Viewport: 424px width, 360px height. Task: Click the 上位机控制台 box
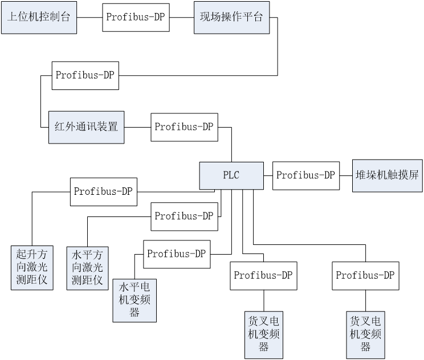(x=39, y=17)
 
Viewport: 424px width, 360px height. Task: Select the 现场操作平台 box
(x=231, y=17)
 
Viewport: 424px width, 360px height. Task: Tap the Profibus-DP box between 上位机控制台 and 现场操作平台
(x=136, y=17)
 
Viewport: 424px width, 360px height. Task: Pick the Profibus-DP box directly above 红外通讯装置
(x=85, y=75)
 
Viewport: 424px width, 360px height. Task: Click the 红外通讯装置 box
(x=86, y=126)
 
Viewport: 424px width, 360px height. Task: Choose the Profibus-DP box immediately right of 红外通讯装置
(x=184, y=126)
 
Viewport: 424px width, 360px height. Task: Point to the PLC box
(x=231, y=175)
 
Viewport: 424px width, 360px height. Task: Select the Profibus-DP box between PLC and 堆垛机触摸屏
(x=306, y=175)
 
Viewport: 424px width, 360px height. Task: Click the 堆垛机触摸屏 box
(x=388, y=175)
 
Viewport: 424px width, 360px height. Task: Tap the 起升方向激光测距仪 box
(x=32, y=267)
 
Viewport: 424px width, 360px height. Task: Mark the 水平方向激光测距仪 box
(x=87, y=267)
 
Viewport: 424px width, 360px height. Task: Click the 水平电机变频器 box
(x=134, y=300)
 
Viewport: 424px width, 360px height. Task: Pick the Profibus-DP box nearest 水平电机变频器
(x=177, y=254)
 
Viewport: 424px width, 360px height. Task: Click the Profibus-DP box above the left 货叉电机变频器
(x=263, y=276)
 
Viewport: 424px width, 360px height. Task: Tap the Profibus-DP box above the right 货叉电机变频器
(x=365, y=276)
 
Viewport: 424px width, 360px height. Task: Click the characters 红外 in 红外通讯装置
(x=63, y=126)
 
